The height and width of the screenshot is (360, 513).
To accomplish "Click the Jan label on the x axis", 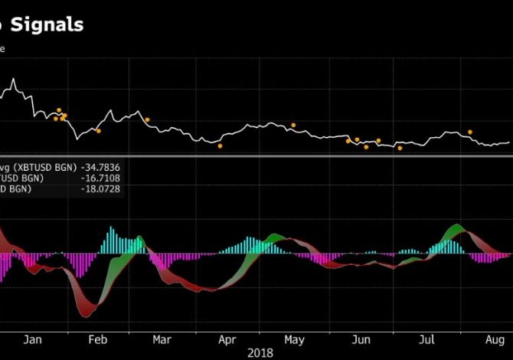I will tap(33, 339).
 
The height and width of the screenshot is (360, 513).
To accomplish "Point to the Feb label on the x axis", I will tap(98, 339).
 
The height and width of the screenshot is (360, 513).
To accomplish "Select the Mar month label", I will tap(162, 339).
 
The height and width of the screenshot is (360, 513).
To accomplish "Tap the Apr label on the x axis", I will tap(227, 339).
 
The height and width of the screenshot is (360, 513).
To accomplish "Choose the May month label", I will tap(294, 339).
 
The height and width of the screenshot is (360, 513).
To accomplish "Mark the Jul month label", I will tap(427, 339).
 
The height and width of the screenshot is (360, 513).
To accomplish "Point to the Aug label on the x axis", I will tap(494, 339).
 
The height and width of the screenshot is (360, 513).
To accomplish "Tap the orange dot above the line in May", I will tap(292, 124).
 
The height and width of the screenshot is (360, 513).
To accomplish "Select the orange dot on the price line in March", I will tap(147, 119).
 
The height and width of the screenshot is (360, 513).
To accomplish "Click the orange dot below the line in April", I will tap(220, 146).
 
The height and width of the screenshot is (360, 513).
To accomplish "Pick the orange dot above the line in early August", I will tap(470, 133).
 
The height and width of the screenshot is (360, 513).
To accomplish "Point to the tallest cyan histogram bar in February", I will tap(112, 240).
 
